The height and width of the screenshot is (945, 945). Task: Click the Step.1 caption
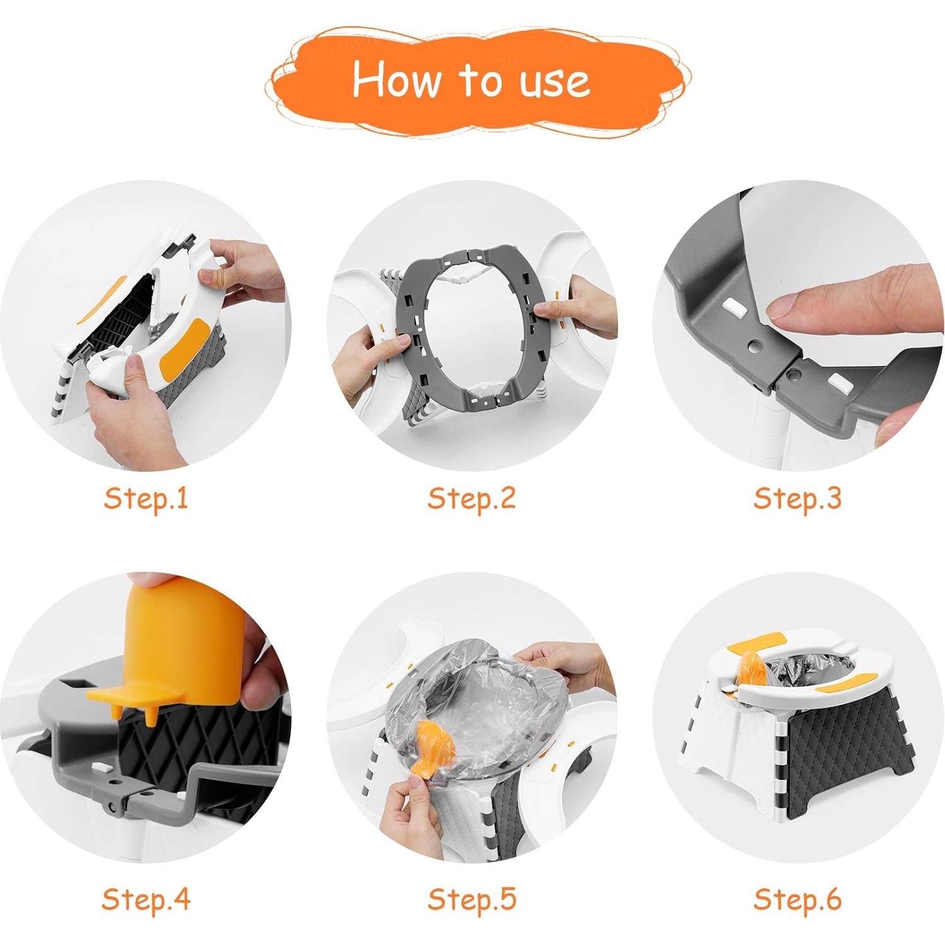coord(146,498)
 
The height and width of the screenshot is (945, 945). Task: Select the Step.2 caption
coord(472,498)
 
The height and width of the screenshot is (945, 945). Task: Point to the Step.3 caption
coord(797,498)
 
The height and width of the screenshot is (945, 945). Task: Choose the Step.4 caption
coord(146,898)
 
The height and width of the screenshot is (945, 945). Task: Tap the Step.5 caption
coord(472,898)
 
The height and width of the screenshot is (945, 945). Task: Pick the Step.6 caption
coord(797,898)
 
